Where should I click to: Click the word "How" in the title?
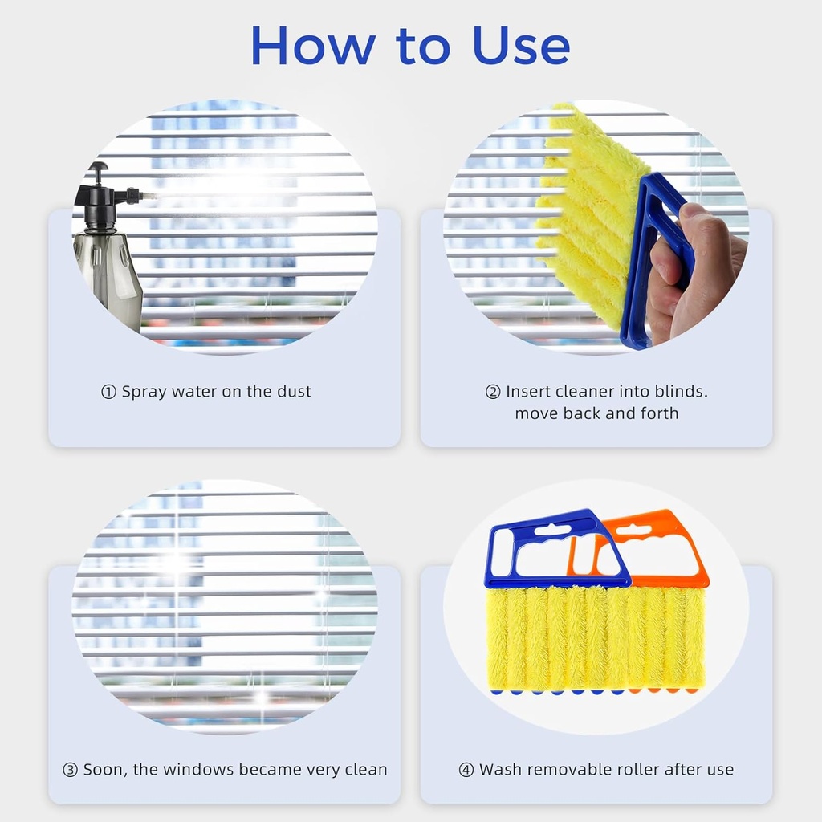[313, 46]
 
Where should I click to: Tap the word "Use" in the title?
[521, 46]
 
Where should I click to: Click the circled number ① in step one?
[108, 392]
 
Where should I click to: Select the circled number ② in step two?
[493, 392]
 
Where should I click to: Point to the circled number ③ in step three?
[71, 770]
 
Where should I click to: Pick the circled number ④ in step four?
[466, 770]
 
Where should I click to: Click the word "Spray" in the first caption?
[145, 392]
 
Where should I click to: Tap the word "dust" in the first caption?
[293, 392]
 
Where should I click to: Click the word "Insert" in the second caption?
[530, 392]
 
